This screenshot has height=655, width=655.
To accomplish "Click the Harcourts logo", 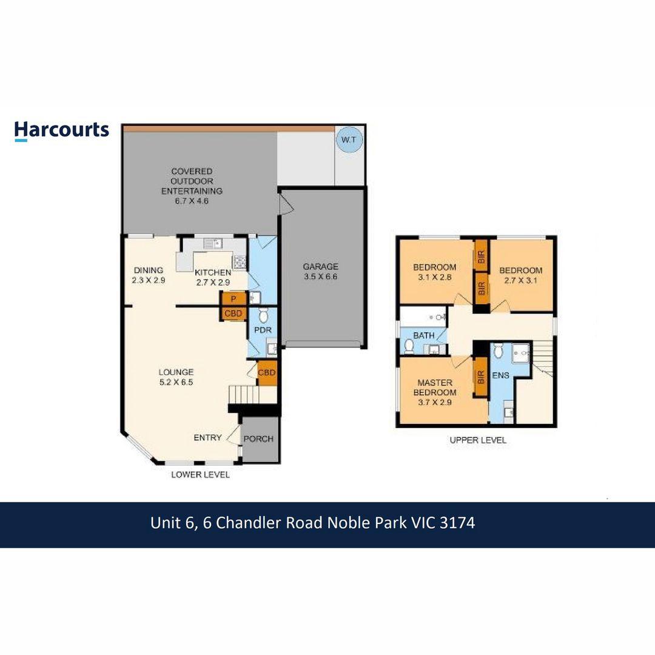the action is click(x=62, y=131).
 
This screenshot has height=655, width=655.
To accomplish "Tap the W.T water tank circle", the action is click(x=349, y=139).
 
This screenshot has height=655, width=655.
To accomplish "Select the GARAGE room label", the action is click(x=320, y=266).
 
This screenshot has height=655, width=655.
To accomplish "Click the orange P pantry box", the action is click(x=233, y=298).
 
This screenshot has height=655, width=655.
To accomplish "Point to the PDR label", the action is click(x=263, y=330).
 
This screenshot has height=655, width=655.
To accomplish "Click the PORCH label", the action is click(x=258, y=438).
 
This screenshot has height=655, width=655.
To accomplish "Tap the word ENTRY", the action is click(x=207, y=437).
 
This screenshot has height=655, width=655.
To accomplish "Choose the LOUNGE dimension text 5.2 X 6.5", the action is click(x=176, y=382).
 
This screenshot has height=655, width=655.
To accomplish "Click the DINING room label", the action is click(x=149, y=270).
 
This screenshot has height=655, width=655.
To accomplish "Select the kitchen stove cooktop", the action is click(x=240, y=262).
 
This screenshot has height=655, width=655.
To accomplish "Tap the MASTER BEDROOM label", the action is click(x=435, y=387).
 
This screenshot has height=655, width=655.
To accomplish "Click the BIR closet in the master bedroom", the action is click(x=481, y=377).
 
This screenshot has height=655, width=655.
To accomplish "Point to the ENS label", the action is click(x=500, y=375).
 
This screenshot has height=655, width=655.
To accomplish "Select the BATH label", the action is click(x=423, y=335).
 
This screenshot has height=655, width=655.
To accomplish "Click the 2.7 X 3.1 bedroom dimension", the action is click(x=520, y=280).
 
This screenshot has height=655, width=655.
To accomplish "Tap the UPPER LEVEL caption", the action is click(x=478, y=440).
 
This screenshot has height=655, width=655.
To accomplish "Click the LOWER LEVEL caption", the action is click(x=201, y=474).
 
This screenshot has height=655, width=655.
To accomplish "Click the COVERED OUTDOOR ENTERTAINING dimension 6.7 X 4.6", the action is click(x=192, y=201).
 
